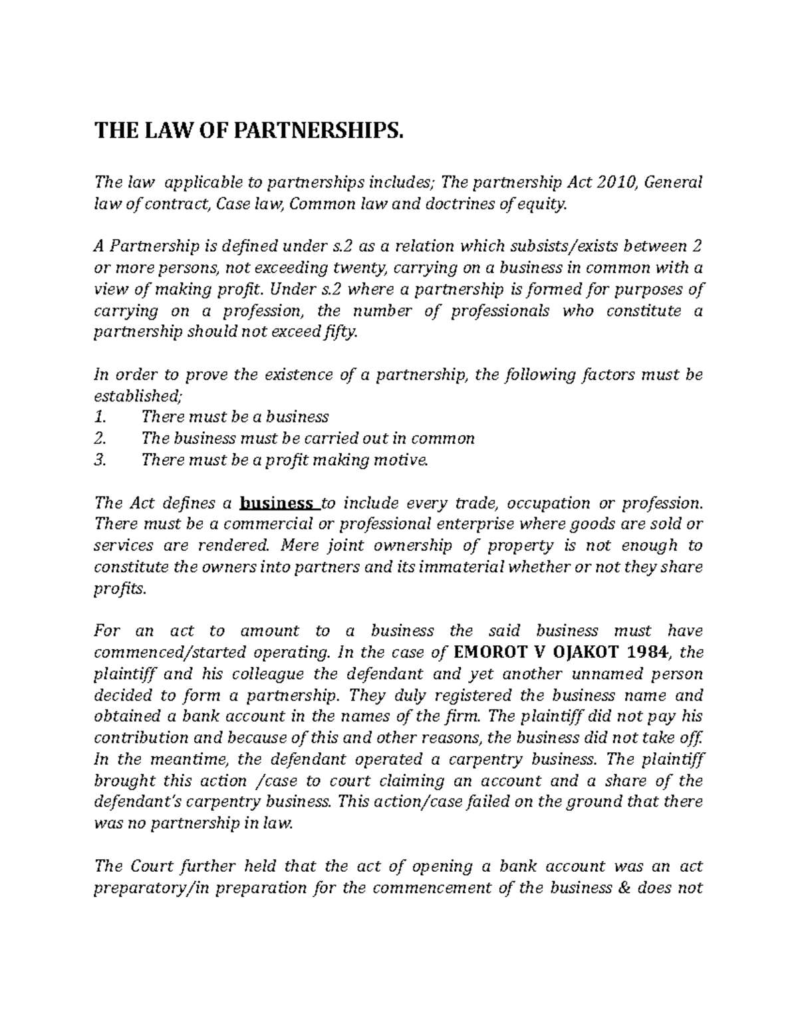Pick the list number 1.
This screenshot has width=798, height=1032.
100,417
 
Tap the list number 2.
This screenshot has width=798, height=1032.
100,439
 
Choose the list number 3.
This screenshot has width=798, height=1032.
100,460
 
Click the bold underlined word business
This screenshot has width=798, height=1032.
277,502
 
